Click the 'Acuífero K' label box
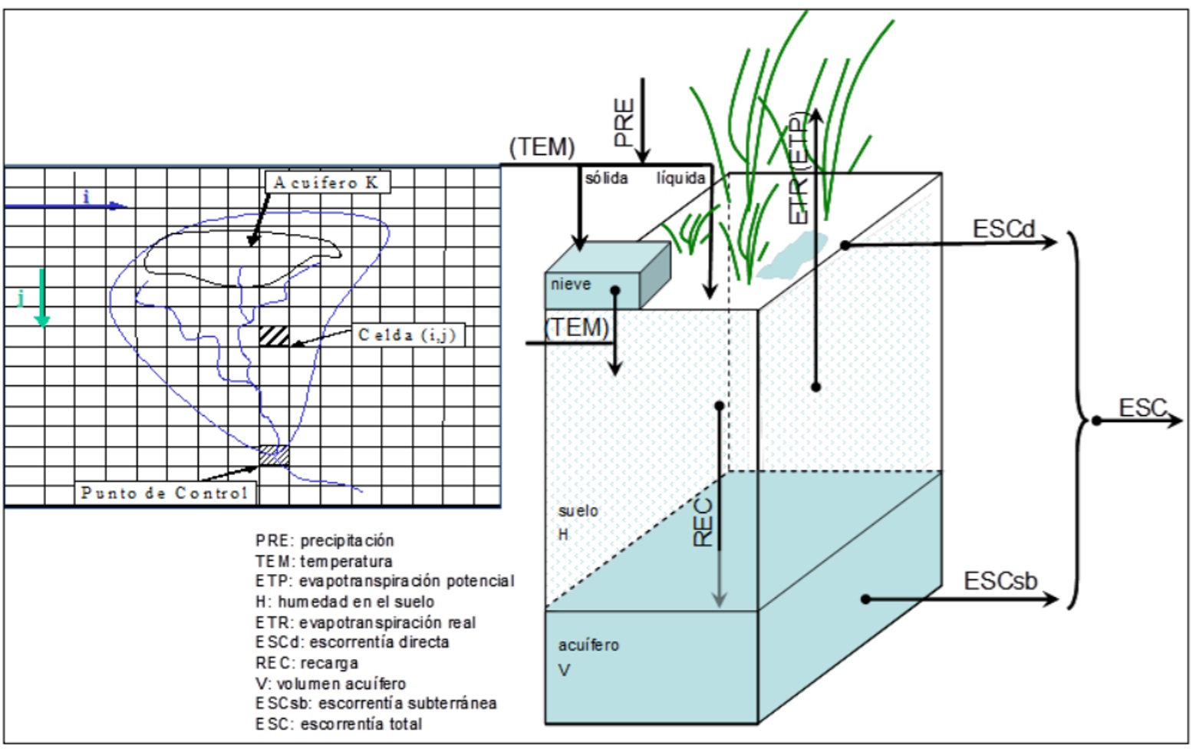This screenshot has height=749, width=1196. (x=327, y=183)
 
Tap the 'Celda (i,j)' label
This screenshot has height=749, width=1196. (x=407, y=335)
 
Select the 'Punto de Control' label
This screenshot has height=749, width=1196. (x=165, y=493)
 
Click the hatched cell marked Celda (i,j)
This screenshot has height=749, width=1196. (x=274, y=336)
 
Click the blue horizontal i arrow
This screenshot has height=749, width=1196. (x=65, y=206)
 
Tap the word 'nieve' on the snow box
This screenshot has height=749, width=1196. (x=571, y=285)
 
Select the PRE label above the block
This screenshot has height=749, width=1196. (x=624, y=122)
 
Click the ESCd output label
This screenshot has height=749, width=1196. (x=1003, y=229)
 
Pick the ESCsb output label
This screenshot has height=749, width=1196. (x=1000, y=582)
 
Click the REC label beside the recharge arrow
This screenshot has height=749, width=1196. (x=703, y=523)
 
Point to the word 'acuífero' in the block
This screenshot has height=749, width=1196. (x=588, y=645)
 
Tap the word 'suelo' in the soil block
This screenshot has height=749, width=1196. (x=578, y=511)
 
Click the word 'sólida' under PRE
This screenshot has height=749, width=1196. (x=606, y=178)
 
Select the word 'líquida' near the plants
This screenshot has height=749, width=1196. (x=680, y=178)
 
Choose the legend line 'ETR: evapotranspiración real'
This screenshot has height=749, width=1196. (x=365, y=622)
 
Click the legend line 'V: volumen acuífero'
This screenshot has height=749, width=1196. (x=331, y=683)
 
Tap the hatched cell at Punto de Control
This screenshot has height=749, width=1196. (x=274, y=455)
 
